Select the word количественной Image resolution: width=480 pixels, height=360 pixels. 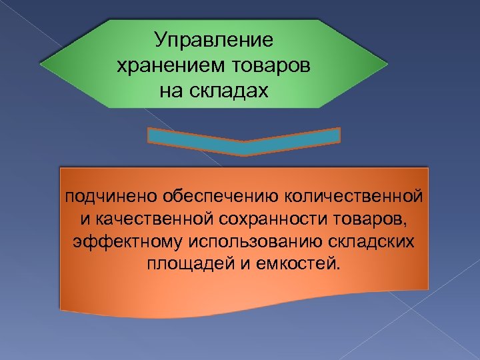click(354, 197)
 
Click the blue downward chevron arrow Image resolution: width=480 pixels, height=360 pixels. click(243, 141)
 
